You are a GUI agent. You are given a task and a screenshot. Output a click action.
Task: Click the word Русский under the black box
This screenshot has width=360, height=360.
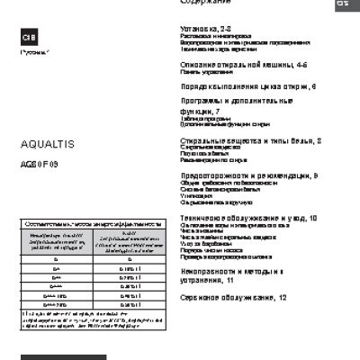34,57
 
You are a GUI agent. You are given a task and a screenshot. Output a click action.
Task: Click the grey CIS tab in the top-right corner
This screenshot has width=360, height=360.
344,4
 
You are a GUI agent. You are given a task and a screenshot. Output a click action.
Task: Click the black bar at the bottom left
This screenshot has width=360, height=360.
63,357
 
